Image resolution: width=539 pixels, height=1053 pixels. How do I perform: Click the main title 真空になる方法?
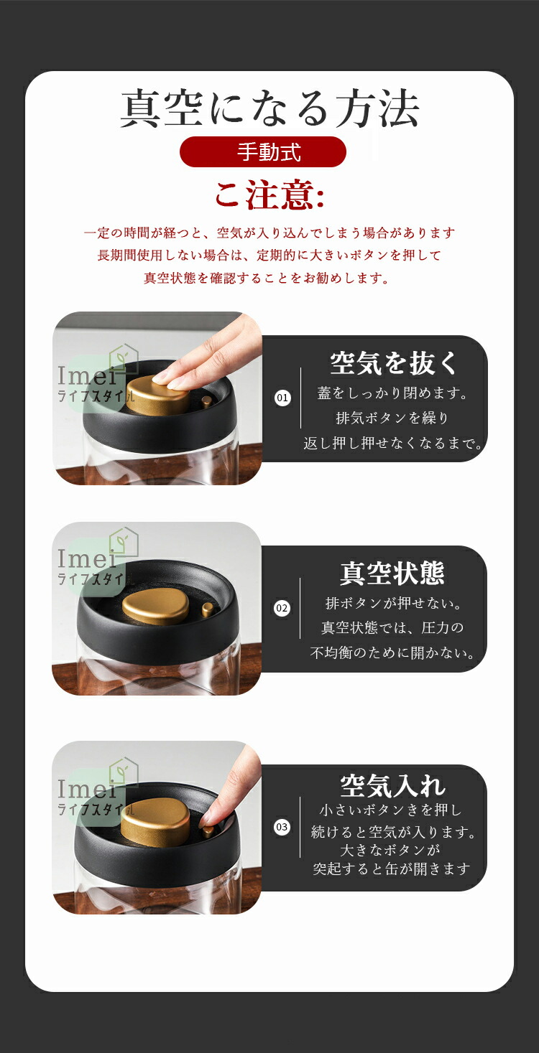pos(269,108)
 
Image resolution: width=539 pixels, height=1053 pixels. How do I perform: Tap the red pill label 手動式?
pos(263,152)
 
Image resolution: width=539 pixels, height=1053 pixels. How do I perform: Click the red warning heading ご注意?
pos(269,195)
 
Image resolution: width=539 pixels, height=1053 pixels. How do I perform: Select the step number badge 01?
pos(282,398)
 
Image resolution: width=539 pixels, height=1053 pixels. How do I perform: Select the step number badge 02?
pos(282,608)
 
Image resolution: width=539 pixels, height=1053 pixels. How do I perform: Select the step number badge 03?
pos(282,827)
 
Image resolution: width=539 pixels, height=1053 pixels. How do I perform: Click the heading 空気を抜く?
pos(393,363)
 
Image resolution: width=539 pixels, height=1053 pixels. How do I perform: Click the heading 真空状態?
pos(392,573)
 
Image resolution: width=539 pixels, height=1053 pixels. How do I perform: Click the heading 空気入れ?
pos(392,786)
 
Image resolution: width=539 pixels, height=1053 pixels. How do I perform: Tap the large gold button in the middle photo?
pos(156,609)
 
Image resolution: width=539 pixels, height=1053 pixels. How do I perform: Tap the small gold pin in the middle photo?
pos(207,610)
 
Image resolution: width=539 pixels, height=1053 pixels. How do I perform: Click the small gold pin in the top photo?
pos(207,403)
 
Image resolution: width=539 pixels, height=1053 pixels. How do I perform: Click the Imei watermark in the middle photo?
pos(87,558)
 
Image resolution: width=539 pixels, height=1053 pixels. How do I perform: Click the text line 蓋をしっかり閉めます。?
pos(392,393)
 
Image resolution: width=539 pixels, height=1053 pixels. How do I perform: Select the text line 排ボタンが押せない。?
pos(393,603)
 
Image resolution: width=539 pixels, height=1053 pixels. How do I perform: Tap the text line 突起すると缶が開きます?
pos(392,869)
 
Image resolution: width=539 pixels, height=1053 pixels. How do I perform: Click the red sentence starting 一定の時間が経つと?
pos(269,233)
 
